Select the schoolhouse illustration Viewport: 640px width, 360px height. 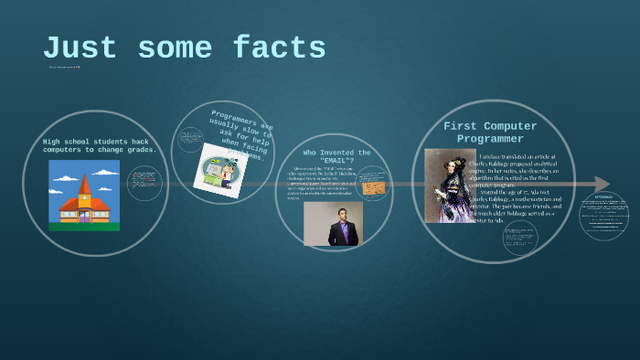click(84, 195)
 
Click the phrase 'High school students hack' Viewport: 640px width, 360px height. click(96, 142)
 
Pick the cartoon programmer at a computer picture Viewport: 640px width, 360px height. click(219, 170)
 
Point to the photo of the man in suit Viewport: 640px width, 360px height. click(333, 224)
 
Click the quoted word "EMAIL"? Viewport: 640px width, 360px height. click(336, 161)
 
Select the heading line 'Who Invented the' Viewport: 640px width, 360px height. click(336, 153)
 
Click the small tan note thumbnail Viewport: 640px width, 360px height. click(373, 188)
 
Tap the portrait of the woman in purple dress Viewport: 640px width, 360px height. click(450, 185)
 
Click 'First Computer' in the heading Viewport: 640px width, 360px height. click(490, 126)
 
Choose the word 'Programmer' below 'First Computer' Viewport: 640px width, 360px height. click(490, 139)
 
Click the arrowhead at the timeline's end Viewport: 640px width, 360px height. click(601, 184)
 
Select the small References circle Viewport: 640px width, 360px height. click(603, 216)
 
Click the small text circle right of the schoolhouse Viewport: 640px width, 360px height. click(144, 183)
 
